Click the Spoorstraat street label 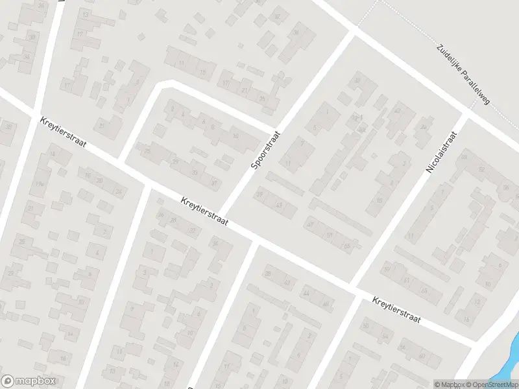coord(266,148)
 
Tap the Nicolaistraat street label coord(442,152)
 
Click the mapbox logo coord(28,381)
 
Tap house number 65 coord(423,290)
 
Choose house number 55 coord(347,246)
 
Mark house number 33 coord(195,172)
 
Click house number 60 coord(422,356)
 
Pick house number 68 coord(464,157)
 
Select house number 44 coord(306,293)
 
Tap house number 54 coord(385,336)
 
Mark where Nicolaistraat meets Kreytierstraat coord(354,285)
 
